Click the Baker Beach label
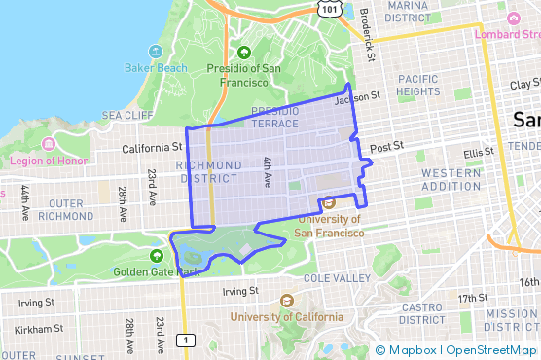pyautogui.click(x=157, y=67)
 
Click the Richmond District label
pyautogui.click(x=208, y=172)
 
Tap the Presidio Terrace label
pyautogui.click(x=281, y=118)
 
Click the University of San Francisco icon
pyautogui.click(x=328, y=202)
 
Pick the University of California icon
pyautogui.click(x=286, y=301)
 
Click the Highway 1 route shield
pyautogui.click(x=184, y=340)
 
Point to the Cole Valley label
pyautogui.click(x=339, y=277)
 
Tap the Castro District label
pyautogui.click(x=422, y=313)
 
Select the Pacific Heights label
pyautogui.click(x=418, y=86)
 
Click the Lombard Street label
pyautogui.click(x=506, y=34)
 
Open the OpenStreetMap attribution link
pyautogui.click(x=492, y=350)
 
